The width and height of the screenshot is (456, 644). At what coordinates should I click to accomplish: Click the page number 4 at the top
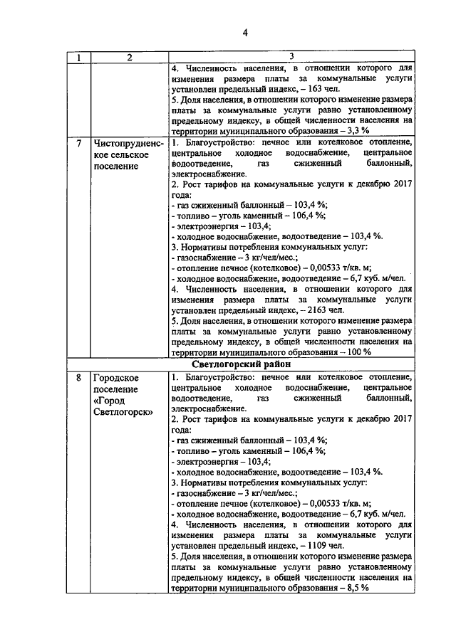click(245, 33)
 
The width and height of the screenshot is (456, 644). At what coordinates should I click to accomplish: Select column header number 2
click(129, 57)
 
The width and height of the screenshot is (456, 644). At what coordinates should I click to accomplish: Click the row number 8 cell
click(78, 377)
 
